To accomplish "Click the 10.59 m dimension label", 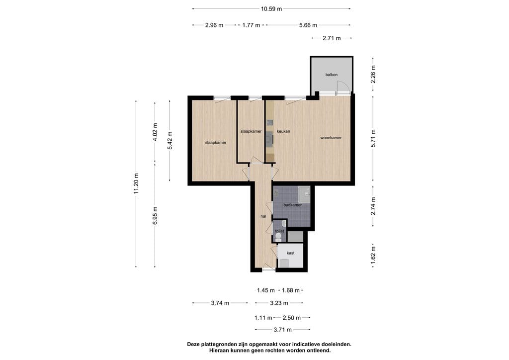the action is (x=271, y=9).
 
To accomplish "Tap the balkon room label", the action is (x=332, y=75).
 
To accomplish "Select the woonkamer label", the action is (x=331, y=138).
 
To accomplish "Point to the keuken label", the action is (x=283, y=131).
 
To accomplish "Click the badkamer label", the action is (x=292, y=205).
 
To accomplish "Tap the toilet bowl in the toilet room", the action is (x=278, y=236).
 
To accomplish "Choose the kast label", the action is (x=290, y=253).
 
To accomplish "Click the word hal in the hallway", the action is (x=263, y=216).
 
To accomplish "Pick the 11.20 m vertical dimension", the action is (x=136, y=184).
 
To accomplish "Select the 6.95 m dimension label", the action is (x=155, y=215).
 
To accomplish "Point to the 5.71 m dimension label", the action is (x=373, y=138).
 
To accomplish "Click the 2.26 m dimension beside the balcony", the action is (x=373, y=75).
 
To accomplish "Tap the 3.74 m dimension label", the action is (x=220, y=303).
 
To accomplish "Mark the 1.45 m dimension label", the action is (x=266, y=290).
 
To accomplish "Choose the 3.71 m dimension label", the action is (x=283, y=330).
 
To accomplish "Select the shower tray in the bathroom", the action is (x=304, y=195).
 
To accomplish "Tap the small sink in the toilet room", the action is (x=284, y=223).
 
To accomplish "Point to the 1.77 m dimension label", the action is (x=251, y=25).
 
